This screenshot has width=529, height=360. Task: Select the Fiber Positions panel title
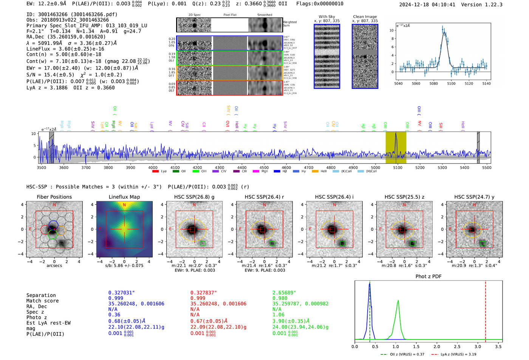point(54,197)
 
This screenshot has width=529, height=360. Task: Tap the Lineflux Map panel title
point(124,197)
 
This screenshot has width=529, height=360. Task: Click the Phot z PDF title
point(428,276)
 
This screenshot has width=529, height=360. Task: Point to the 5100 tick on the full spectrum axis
point(398,167)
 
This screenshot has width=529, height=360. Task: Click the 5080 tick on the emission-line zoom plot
point(433,83)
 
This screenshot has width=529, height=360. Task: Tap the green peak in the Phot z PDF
point(398,301)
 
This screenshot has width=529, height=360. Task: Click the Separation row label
point(41,295)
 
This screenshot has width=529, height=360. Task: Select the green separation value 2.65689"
point(284,293)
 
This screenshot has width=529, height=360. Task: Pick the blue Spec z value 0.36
point(114,315)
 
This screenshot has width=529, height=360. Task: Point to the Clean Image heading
point(365,17)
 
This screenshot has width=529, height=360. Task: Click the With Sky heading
point(326,17)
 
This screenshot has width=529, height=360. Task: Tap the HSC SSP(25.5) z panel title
point(404,197)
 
